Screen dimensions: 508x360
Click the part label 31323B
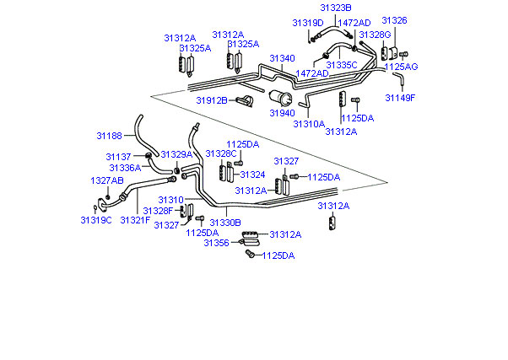tap(336, 8)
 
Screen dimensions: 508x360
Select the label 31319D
tap(308, 23)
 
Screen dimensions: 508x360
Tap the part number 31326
tap(394, 20)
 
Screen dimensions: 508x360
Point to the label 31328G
tap(376, 35)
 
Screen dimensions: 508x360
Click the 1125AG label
tap(401, 67)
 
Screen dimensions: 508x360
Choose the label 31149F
tap(400, 98)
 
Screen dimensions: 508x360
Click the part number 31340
tap(282, 58)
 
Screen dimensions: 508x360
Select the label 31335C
tap(342, 65)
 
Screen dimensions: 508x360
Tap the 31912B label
tap(212, 100)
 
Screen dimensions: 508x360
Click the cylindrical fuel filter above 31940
tap(280, 98)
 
